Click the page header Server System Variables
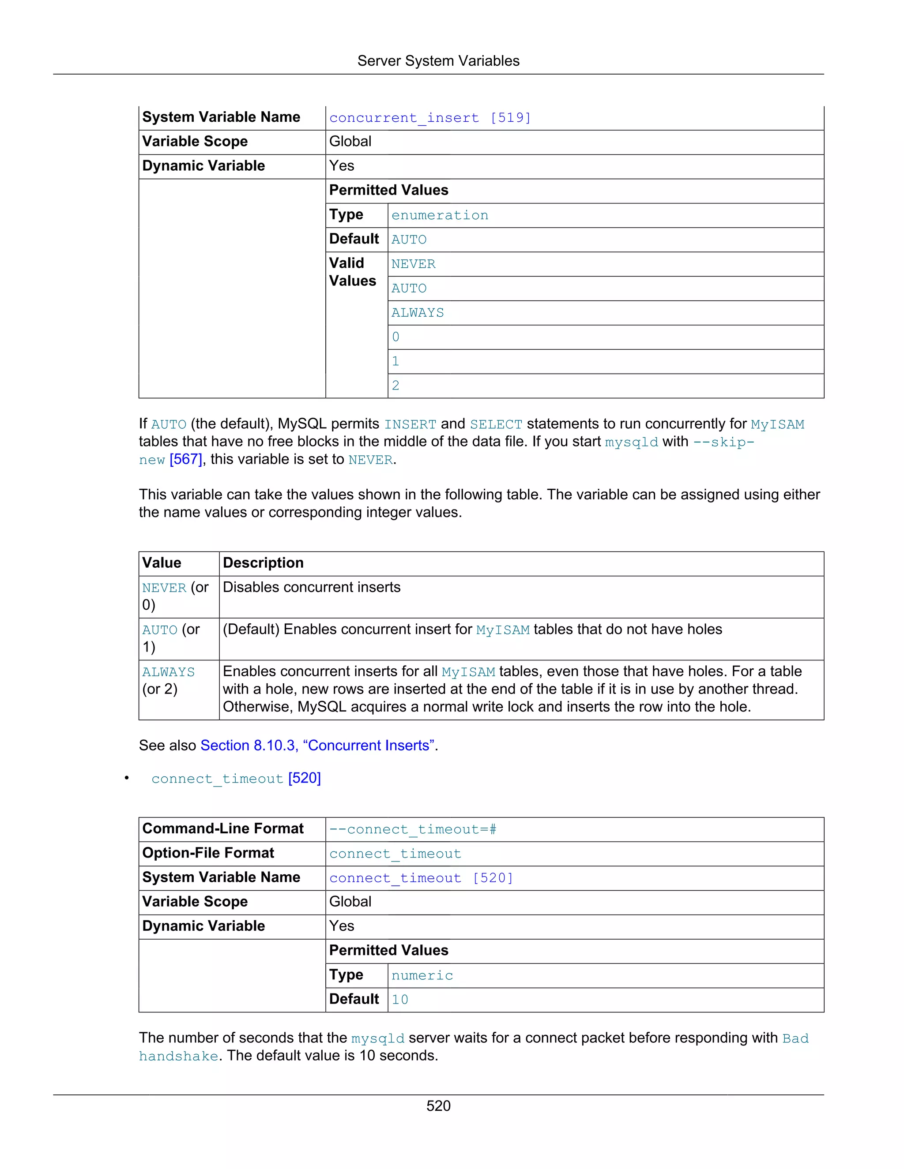pyautogui.click(x=438, y=61)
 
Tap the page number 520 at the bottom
pyautogui.click(x=438, y=1106)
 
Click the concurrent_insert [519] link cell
pyautogui.click(x=430, y=118)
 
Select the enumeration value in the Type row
pyautogui.click(x=440, y=215)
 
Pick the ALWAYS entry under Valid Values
pyautogui.click(x=418, y=313)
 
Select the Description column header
pyautogui.click(x=263, y=563)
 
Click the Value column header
pyautogui.click(x=162, y=563)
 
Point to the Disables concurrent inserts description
pyautogui.click(x=311, y=587)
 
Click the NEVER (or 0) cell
pyautogui.click(x=175, y=596)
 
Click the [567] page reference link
pyautogui.click(x=186, y=460)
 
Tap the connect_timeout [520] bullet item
pyautogui.click(x=236, y=778)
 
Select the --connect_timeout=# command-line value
pyautogui.click(x=413, y=830)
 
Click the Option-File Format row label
pyautogui.click(x=208, y=853)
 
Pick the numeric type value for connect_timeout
pyautogui.click(x=422, y=975)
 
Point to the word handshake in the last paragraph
pyautogui.click(x=178, y=1056)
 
